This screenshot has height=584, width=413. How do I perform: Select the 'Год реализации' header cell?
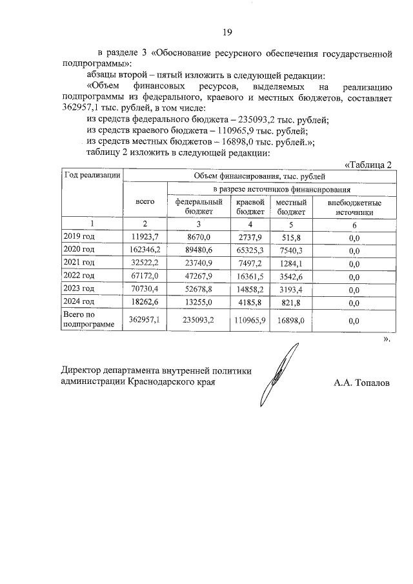point(92,175)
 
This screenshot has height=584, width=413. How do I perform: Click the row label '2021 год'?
point(79,263)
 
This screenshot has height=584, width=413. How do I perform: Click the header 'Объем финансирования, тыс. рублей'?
point(258,175)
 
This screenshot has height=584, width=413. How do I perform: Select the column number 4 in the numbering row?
point(250,223)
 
